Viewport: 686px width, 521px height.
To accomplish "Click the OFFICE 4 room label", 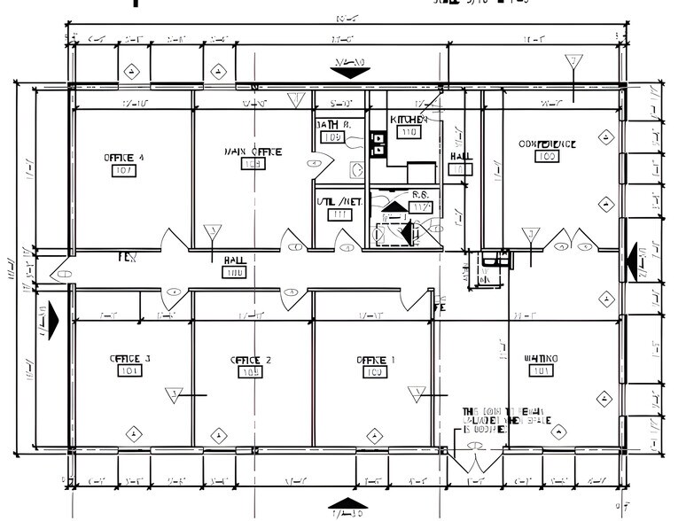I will coord(123,157).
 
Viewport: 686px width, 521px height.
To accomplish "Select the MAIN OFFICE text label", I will coord(253,152).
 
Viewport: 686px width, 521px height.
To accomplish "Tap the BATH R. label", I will coord(333,125).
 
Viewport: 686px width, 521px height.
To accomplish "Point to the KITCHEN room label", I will coord(409,119).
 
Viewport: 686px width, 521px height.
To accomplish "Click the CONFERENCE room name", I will coord(547,144).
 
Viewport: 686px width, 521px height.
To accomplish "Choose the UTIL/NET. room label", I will coord(339,202).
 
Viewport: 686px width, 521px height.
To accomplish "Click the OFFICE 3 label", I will coord(129,359).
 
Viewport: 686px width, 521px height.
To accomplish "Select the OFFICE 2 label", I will coord(251,360).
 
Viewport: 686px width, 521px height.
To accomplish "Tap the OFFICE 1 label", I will coord(376,360).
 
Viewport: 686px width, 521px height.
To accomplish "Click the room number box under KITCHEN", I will coord(409,132).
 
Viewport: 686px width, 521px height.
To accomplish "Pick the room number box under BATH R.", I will coord(332,137).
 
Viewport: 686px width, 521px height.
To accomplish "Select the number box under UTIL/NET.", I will coord(339,214).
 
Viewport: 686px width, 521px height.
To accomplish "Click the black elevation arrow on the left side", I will coord(52,317).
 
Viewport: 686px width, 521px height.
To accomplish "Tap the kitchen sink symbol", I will coord(378,144).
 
